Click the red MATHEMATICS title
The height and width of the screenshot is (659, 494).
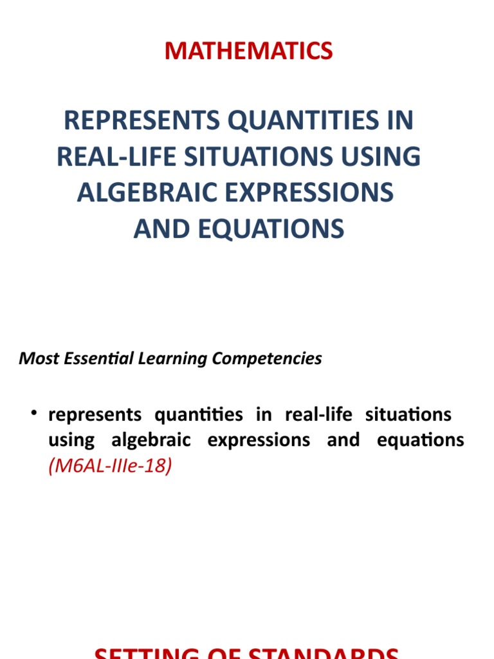248,51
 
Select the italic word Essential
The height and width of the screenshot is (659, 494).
96,358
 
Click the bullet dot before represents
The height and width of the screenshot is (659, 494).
33,413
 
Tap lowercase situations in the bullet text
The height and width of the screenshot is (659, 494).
408,414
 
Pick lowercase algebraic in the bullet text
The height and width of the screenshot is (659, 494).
152,441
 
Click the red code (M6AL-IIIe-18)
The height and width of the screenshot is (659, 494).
110,467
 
